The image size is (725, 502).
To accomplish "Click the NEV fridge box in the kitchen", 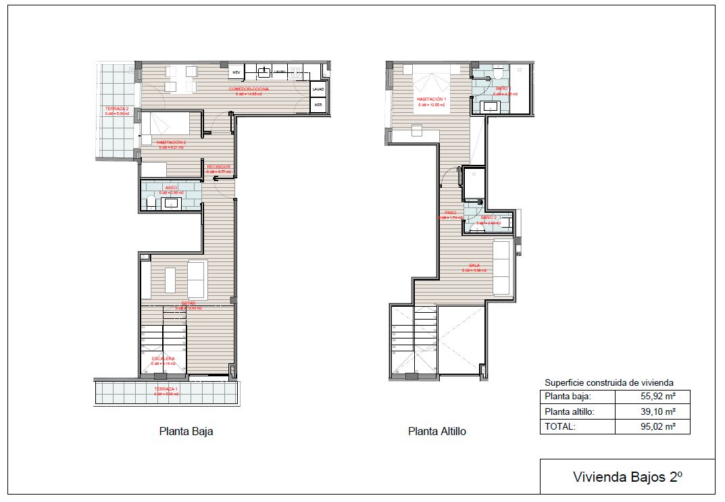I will (236, 71).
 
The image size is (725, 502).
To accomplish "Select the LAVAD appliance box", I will (318, 89).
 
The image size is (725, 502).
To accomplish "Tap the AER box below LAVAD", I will (318, 105).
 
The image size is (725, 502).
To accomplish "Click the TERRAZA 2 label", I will (117, 109).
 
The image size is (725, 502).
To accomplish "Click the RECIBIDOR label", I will (219, 166).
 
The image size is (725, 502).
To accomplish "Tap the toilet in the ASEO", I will (149, 199).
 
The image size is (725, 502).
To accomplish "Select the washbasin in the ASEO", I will (172, 202).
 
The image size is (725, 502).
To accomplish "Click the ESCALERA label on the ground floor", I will (163, 358).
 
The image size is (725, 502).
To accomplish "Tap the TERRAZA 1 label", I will (166, 390).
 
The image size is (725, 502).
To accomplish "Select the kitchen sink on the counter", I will (266, 71).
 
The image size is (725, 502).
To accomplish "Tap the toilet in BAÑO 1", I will (498, 72).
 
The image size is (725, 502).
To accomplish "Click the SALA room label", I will (474, 266).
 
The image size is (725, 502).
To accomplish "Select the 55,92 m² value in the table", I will (653, 397).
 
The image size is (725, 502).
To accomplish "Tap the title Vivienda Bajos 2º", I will (627, 476).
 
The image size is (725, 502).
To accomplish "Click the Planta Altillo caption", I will (436, 431).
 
